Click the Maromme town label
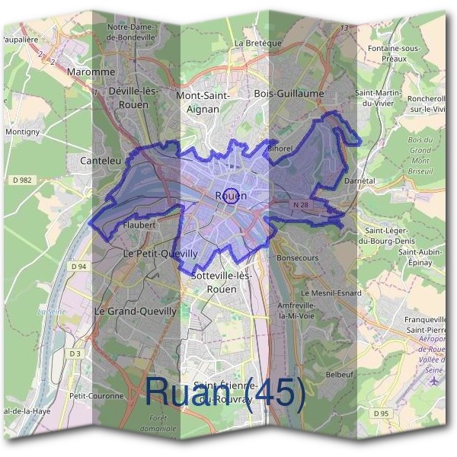click(x=91, y=72)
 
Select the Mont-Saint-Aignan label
click(x=203, y=102)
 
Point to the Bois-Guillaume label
click(x=289, y=94)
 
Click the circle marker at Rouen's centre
click(x=232, y=194)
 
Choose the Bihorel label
click(x=280, y=149)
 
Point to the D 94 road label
click(x=78, y=267)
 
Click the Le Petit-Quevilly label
click(x=161, y=253)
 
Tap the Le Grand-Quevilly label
click(x=135, y=312)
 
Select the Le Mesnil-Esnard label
click(x=333, y=293)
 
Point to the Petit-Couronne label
click(x=96, y=396)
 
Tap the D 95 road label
click(x=381, y=413)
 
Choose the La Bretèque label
click(x=258, y=43)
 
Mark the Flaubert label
click(x=139, y=225)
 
